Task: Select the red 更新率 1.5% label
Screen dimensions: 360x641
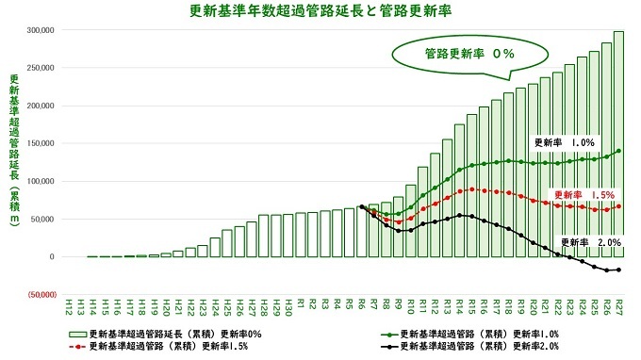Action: click(585, 195)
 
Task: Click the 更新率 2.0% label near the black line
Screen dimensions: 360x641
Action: click(592, 242)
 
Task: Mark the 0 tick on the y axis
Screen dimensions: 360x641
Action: click(53, 256)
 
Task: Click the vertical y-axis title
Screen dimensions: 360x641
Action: click(13, 160)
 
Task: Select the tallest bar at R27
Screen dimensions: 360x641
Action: click(619, 141)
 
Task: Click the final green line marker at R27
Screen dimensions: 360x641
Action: click(619, 151)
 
